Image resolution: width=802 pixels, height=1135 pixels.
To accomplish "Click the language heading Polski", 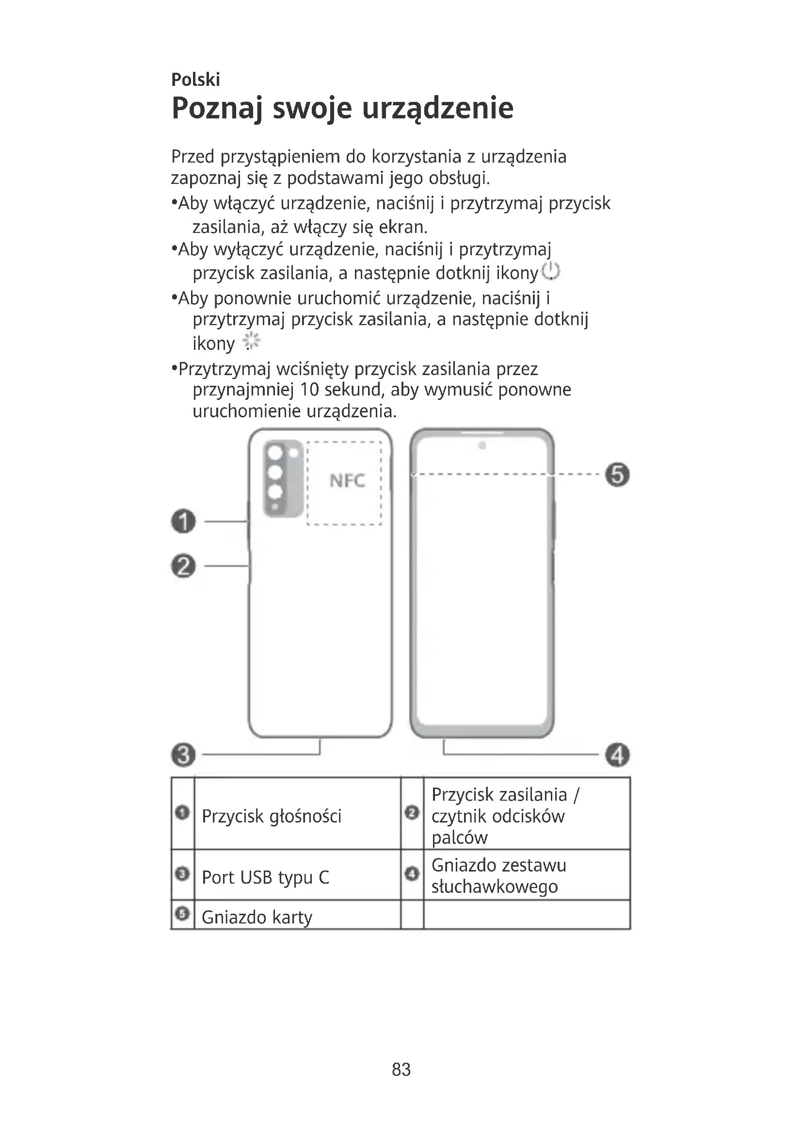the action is tap(195, 80).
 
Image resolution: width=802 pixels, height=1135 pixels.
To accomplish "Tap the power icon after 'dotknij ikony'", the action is tap(551, 271).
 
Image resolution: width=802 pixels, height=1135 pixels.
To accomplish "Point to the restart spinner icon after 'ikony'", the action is tap(252, 342).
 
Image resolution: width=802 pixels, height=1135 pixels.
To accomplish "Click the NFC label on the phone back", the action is tap(347, 480).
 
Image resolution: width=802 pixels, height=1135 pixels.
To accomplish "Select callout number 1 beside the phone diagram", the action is tap(184, 522).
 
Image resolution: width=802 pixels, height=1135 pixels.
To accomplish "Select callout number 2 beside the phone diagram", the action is tap(184, 566).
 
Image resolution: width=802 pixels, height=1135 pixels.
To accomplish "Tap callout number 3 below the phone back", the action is tap(184, 755).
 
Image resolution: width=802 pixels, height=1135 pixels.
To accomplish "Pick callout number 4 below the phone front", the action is tap(618, 756).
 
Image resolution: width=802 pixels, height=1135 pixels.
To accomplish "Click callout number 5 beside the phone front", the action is tap(617, 475).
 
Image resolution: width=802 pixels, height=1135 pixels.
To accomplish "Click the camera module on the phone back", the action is tap(283, 478).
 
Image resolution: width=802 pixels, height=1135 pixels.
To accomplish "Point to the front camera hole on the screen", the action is tap(482, 446).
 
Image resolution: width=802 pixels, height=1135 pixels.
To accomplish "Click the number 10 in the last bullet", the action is tap(309, 390).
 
